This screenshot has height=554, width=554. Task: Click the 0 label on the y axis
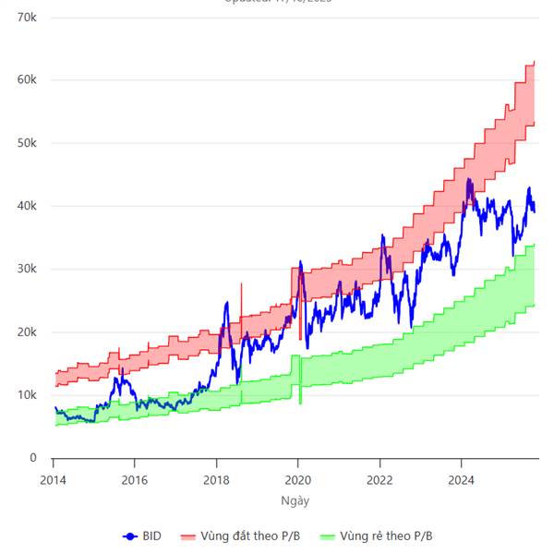coord(31,458)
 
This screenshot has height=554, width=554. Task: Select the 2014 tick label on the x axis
coord(53,479)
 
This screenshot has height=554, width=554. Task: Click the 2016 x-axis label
coord(134,479)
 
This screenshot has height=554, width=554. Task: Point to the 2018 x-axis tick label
coord(216,479)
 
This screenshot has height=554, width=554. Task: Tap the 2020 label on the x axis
coord(297,479)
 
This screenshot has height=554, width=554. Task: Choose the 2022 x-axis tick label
coord(379,479)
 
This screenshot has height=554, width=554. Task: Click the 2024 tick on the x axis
coord(461,479)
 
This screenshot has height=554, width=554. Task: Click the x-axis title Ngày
coord(295,500)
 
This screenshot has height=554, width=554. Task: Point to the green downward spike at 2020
coord(300,392)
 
